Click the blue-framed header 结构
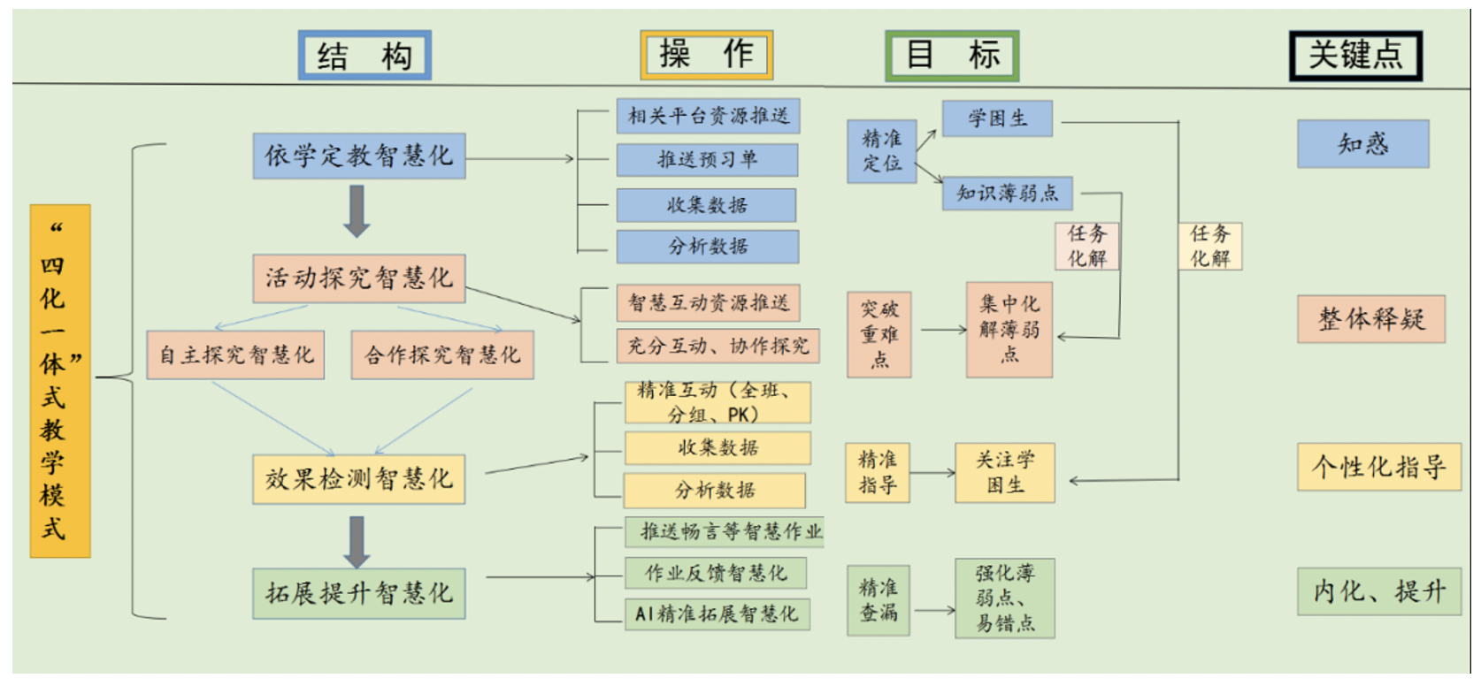click(x=364, y=56)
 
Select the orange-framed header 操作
click(x=706, y=55)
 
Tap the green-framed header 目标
click(x=952, y=55)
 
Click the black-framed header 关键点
click(x=1355, y=56)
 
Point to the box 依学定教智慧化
click(x=358, y=156)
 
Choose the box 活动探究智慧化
click(x=358, y=278)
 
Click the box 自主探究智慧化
click(x=235, y=355)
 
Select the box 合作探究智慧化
click(x=442, y=355)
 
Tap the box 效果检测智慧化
click(x=358, y=479)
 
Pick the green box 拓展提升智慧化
click(x=358, y=593)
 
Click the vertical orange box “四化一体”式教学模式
click(x=60, y=381)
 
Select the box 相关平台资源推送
click(x=708, y=116)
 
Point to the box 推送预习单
click(x=707, y=160)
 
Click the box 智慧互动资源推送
click(x=708, y=303)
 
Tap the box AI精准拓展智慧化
click(x=717, y=614)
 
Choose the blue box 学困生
click(x=997, y=118)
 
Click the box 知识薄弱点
click(x=1007, y=193)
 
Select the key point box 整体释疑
click(x=1370, y=319)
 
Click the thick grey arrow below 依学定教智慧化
click(x=357, y=210)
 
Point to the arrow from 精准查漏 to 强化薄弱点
click(x=933, y=610)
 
